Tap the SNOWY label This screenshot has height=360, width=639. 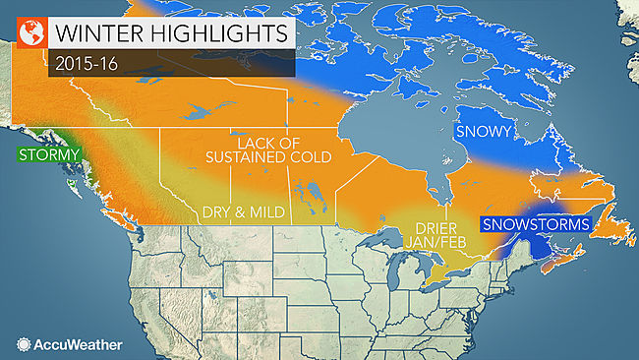click(x=479, y=130)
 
